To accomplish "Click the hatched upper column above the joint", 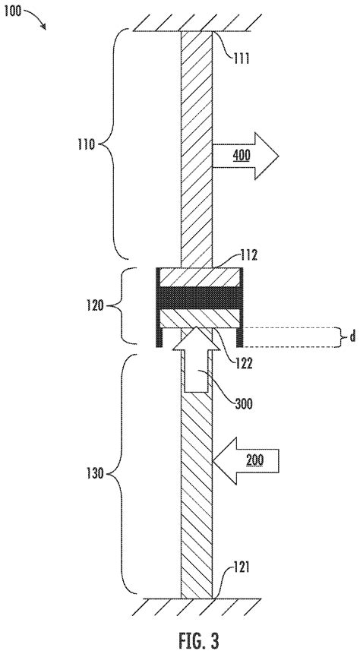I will coord(197,144).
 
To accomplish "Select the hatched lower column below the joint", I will coord(197,494).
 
